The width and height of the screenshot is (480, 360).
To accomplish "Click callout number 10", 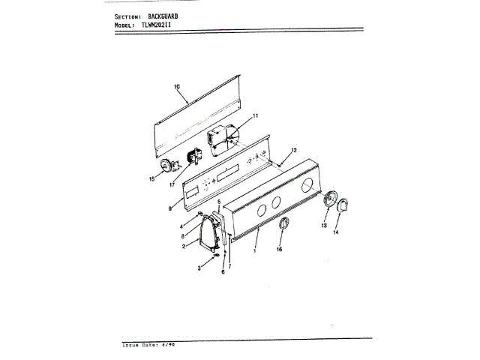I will pos(178,87).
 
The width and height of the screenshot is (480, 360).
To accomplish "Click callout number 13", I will pos(325,224).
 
